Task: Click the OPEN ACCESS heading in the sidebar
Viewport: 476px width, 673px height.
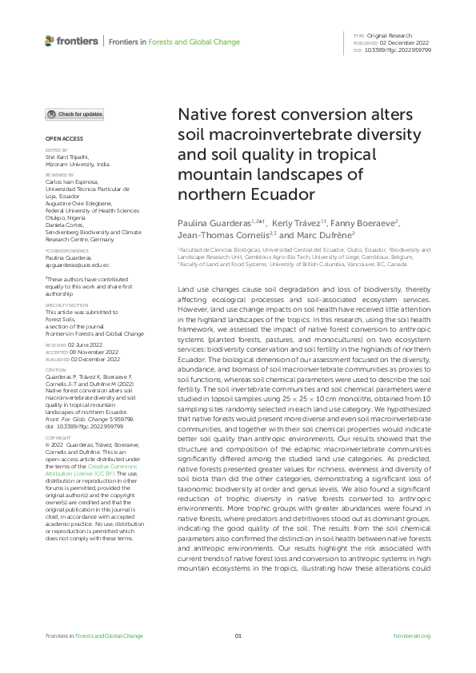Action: point(59,138)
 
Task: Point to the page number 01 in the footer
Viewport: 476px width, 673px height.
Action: point(238,635)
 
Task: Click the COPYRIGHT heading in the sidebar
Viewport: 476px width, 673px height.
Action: point(58,438)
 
